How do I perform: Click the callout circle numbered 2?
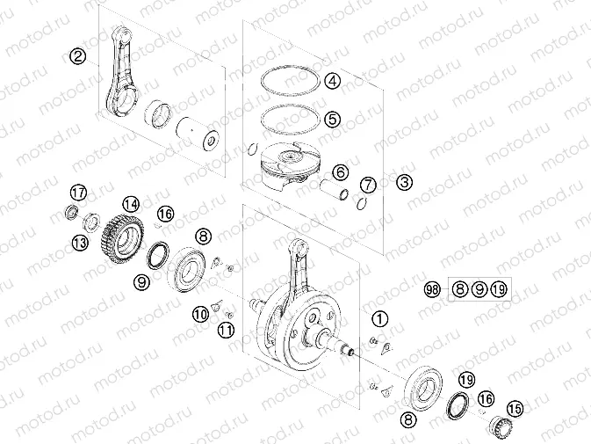coord(79,57)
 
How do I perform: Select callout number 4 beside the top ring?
coord(332,82)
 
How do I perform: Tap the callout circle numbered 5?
coord(332,118)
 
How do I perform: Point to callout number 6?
coord(340,172)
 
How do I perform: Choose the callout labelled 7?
coord(369,185)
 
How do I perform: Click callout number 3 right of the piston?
coord(404,183)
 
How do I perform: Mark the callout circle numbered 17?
coord(78,193)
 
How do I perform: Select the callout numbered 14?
coord(131,204)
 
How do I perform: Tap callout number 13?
coord(79,242)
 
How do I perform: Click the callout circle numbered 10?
coord(201,312)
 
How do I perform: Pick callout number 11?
coord(227,330)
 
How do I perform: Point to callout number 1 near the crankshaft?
coord(379,318)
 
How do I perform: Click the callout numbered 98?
coord(431,289)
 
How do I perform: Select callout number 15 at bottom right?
coord(515,409)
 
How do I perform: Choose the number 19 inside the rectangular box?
coord(499,289)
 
